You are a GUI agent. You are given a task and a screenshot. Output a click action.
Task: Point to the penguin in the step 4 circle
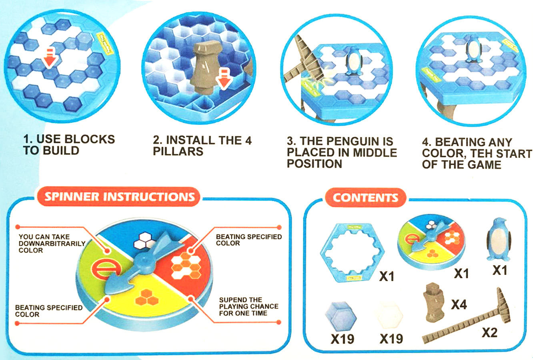click(473, 50)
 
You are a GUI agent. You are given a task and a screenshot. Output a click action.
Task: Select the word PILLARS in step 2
click(178, 152)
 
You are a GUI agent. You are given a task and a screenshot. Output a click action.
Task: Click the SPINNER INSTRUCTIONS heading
click(120, 197)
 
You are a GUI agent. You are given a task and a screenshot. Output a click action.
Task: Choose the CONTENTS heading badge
click(365, 198)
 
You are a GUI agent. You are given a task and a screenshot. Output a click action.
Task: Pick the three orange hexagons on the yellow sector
click(146, 298)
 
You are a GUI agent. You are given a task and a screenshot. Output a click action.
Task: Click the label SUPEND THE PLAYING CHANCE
click(248, 306)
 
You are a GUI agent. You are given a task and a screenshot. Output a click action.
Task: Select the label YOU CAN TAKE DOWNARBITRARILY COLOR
click(52, 244)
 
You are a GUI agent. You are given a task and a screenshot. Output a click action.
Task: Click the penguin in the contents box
click(499, 240)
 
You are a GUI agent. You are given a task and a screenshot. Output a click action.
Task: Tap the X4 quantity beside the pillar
click(459, 304)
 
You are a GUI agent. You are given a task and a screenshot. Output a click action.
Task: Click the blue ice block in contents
click(341, 316)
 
